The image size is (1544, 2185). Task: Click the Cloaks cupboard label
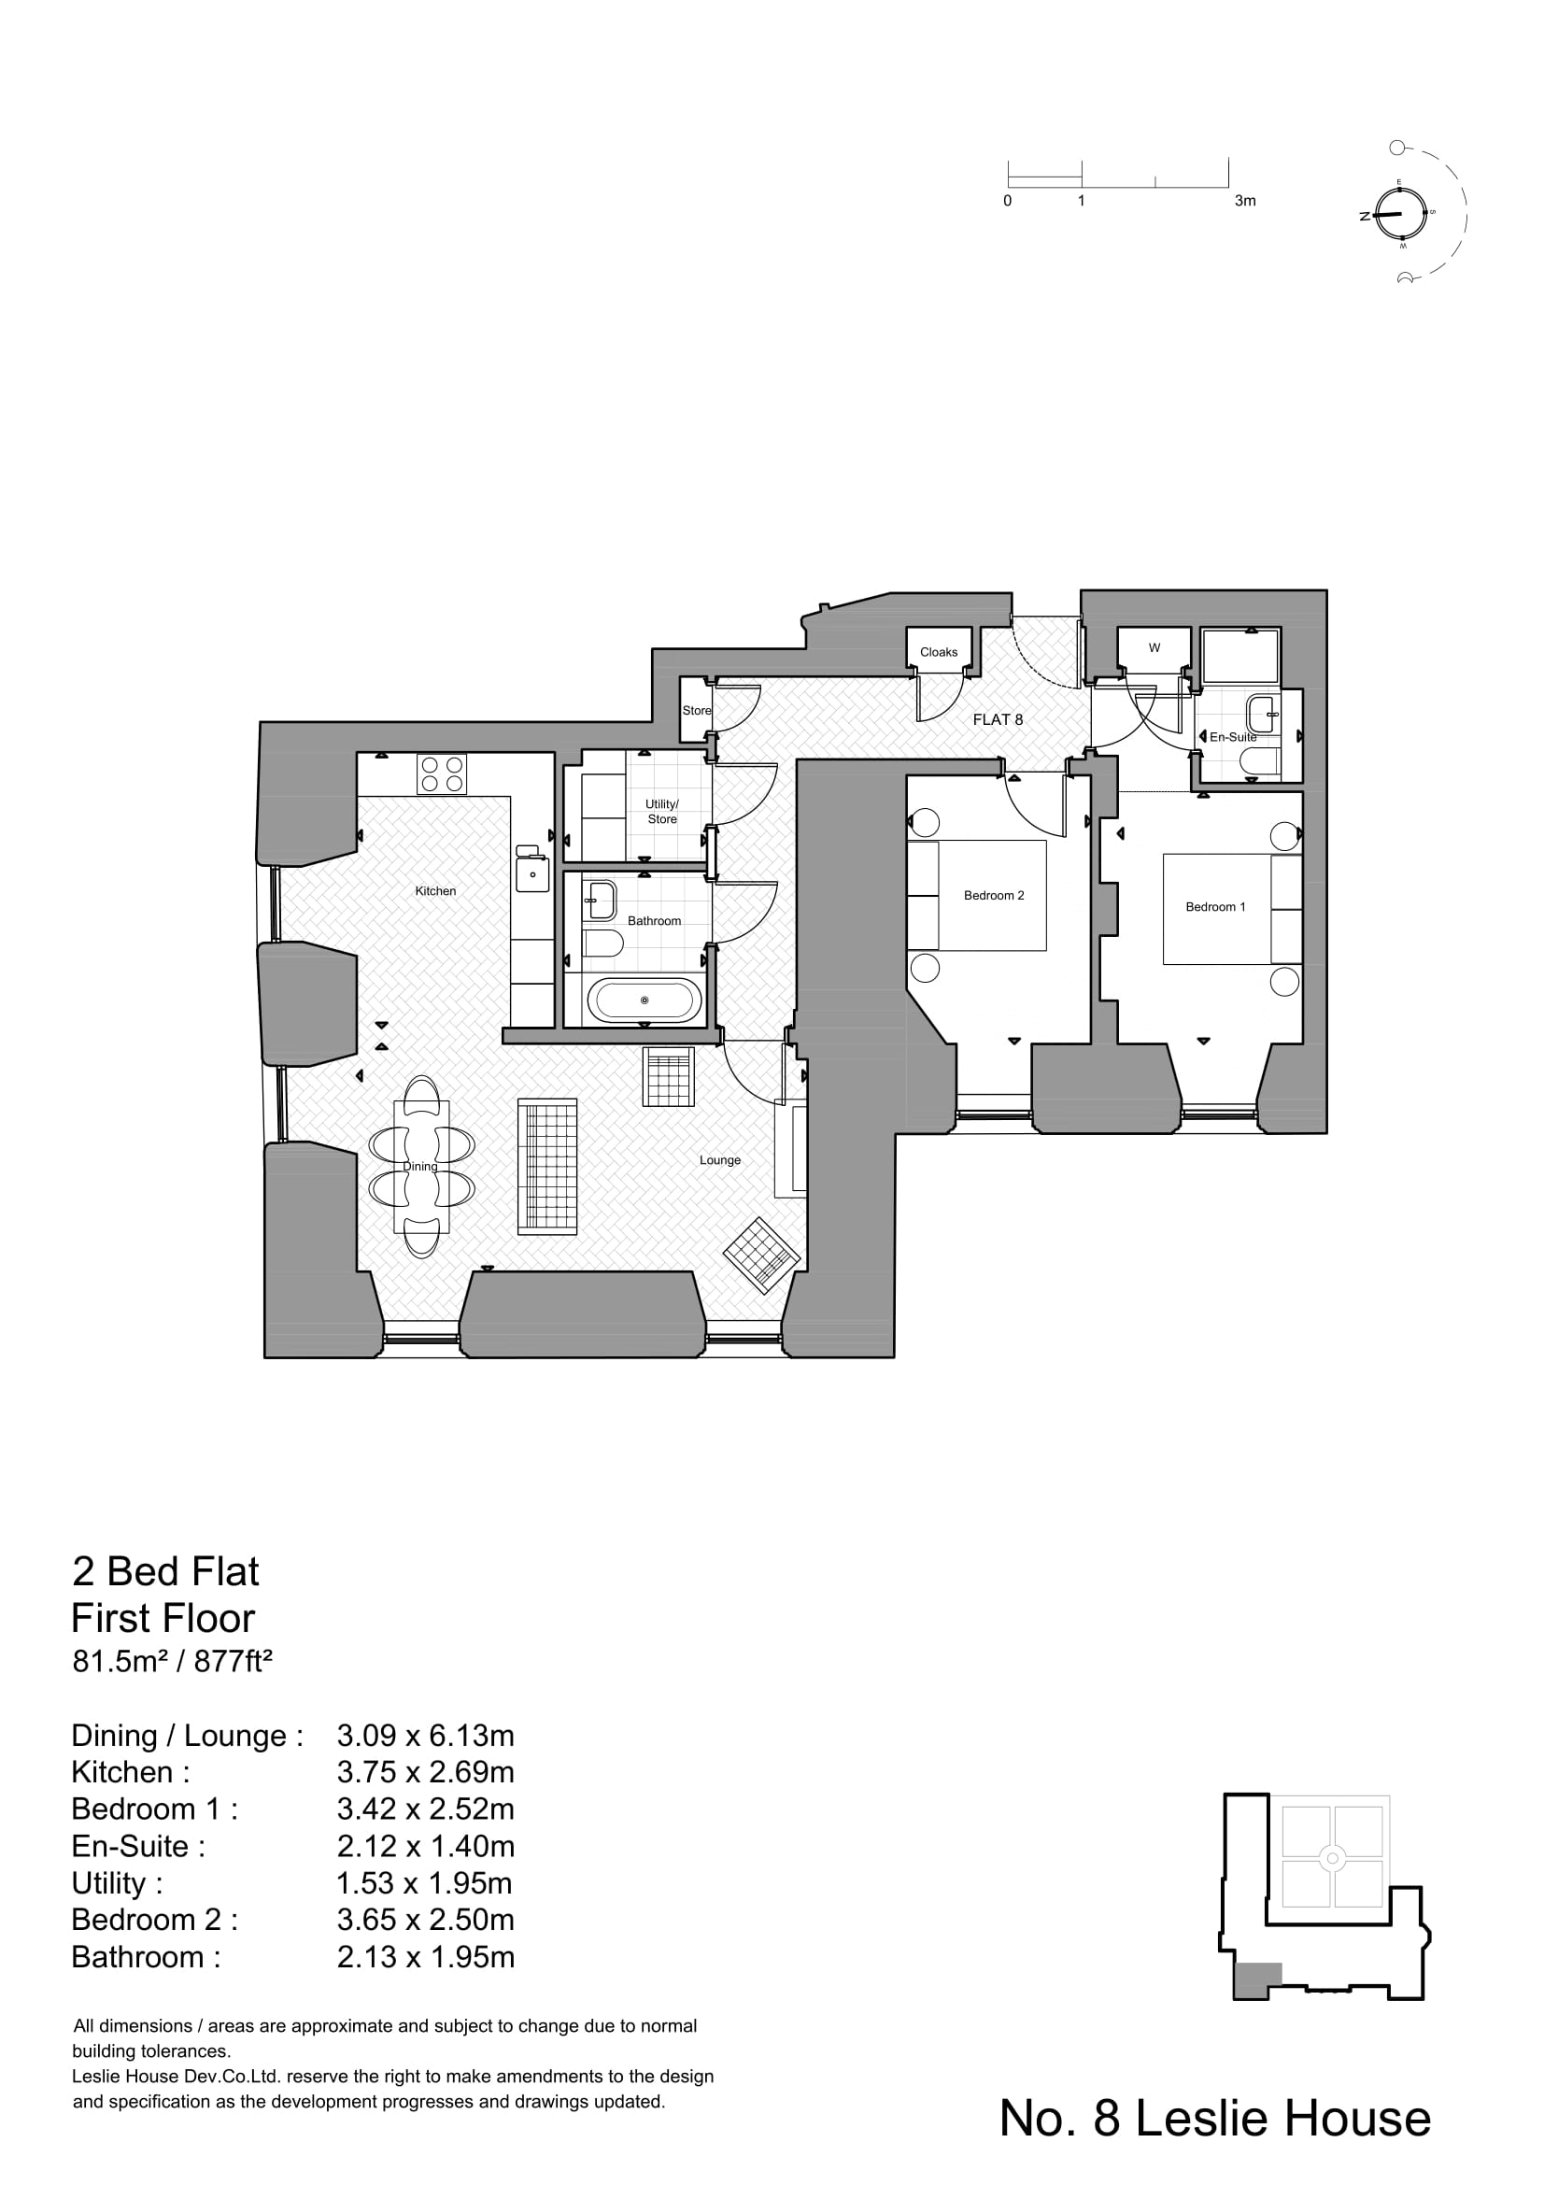tap(938, 652)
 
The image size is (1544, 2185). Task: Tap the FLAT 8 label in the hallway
tap(997, 719)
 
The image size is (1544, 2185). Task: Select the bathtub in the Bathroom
tap(645, 1000)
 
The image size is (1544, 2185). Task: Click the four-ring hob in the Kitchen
tap(442, 773)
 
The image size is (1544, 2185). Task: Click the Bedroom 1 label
tap(1215, 907)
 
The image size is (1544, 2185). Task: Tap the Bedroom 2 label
tap(993, 896)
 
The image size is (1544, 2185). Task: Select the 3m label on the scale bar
tap(1244, 201)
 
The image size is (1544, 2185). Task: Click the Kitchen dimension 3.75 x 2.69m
tap(425, 1772)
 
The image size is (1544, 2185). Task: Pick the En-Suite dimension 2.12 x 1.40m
tap(425, 1846)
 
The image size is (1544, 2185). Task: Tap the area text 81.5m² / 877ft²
tap(173, 1662)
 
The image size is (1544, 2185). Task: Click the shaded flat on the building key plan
tap(1256, 1980)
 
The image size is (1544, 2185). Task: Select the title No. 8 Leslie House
tap(1214, 2119)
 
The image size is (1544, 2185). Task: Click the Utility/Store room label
tap(662, 811)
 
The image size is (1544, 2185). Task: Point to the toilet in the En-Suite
tap(1260, 760)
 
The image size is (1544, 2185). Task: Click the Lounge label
tap(719, 1160)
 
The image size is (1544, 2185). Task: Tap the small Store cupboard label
tap(696, 711)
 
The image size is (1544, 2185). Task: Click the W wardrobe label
tap(1154, 648)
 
